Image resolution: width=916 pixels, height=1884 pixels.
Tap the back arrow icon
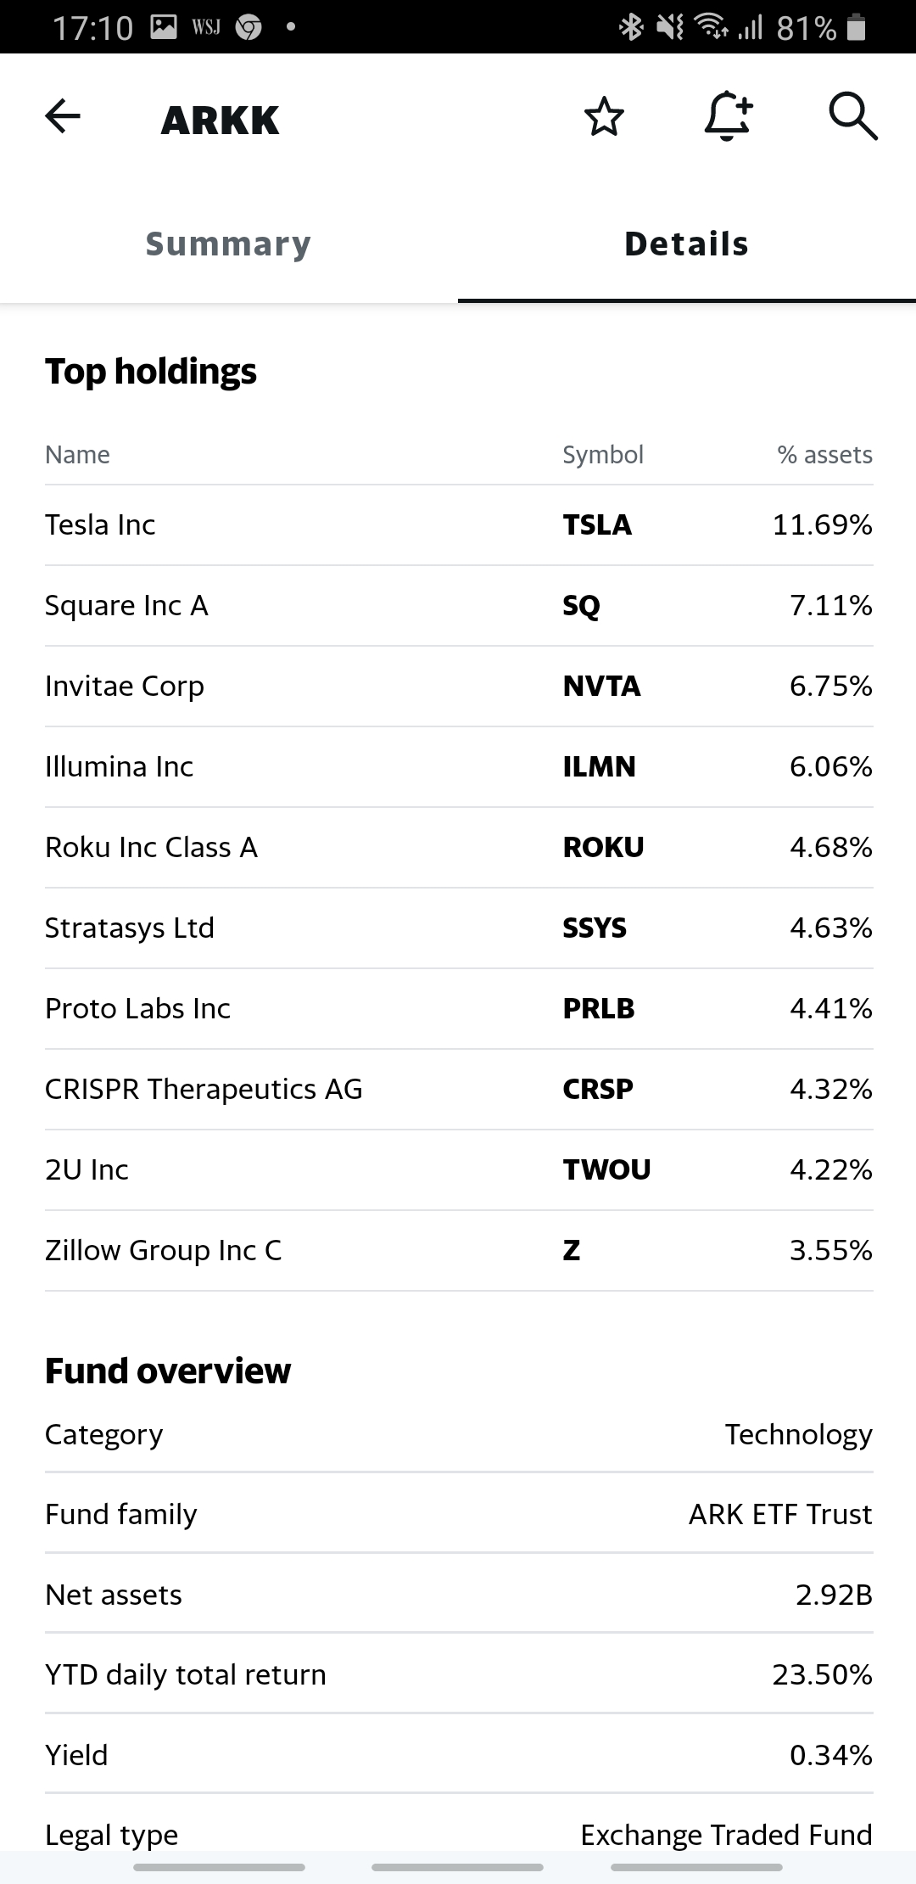[63, 116]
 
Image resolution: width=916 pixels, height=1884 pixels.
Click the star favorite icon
[604, 117]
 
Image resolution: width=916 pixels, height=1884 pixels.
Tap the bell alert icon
[728, 116]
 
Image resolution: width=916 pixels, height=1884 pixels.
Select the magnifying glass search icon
[852, 116]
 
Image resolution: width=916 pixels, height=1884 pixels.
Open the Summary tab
[228, 244]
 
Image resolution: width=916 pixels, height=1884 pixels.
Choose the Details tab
[686, 244]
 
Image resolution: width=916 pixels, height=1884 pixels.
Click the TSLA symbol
[597, 525]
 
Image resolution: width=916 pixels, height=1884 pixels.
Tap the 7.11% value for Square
[830, 606]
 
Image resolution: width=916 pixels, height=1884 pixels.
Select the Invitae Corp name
[125, 687]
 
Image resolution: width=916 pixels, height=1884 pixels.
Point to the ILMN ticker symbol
[599, 767]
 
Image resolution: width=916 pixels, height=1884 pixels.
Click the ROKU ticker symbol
[603, 848]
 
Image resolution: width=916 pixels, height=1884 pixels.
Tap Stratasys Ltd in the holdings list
[130, 928]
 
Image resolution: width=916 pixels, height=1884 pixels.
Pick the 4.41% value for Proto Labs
[830, 1009]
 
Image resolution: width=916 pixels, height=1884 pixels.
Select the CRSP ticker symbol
[598, 1090]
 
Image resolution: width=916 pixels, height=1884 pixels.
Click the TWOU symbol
[606, 1170]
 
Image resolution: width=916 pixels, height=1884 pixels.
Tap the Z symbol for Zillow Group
[572, 1251]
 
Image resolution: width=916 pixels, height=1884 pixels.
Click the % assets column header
[824, 455]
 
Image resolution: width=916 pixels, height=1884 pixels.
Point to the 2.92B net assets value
[834, 1595]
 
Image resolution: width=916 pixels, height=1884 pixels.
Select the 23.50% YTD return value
[822, 1675]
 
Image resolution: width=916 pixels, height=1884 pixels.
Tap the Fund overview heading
[168, 1371]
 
